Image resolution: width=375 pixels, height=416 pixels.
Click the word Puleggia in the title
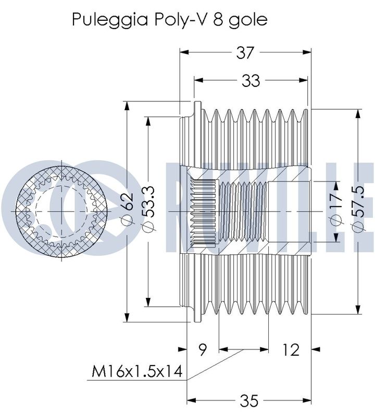[x=110, y=20]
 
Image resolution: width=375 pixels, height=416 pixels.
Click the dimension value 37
[x=245, y=53]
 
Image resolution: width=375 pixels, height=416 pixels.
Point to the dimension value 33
[x=251, y=81]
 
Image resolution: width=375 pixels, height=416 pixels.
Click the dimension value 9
[x=203, y=349]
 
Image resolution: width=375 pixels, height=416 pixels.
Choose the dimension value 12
[x=291, y=349]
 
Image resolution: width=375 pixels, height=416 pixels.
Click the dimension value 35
[x=249, y=400]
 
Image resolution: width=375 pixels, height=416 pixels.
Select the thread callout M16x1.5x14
[x=137, y=371]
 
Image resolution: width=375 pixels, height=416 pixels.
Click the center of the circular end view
[x=62, y=212]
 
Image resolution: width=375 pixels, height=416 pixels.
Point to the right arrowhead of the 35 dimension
[x=306, y=400]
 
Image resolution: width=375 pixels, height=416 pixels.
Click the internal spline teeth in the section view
[x=204, y=212]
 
